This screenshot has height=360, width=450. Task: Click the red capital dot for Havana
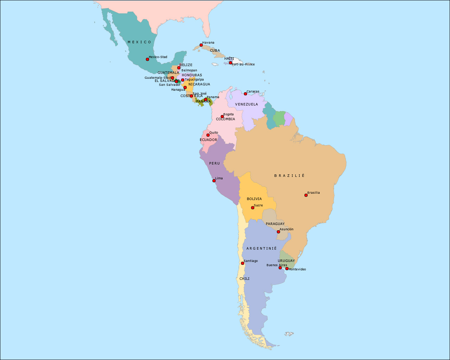(201, 45)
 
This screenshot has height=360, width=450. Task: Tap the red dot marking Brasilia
(306, 195)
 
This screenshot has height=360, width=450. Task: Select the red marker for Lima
(214, 181)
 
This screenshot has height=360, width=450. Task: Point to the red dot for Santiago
(242, 263)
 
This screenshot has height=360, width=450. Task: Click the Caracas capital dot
(245, 94)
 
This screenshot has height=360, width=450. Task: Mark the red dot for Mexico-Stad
(147, 59)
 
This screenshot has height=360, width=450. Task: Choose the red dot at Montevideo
(287, 269)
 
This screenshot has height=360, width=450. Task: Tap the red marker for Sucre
(252, 208)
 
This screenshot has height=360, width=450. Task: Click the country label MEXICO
(140, 42)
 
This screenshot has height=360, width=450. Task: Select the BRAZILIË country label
(289, 175)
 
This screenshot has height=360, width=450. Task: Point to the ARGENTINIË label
(262, 248)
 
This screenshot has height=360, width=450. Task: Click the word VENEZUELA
(246, 104)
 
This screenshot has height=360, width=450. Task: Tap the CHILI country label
(244, 278)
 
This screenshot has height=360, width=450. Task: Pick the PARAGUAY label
(275, 224)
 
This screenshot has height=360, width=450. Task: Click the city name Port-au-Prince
(243, 64)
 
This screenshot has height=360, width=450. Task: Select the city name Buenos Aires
(277, 265)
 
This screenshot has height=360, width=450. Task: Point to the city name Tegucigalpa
(194, 79)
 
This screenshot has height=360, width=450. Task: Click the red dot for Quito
(208, 135)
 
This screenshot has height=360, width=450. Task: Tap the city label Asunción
(287, 229)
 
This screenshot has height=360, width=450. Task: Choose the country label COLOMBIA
(225, 119)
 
